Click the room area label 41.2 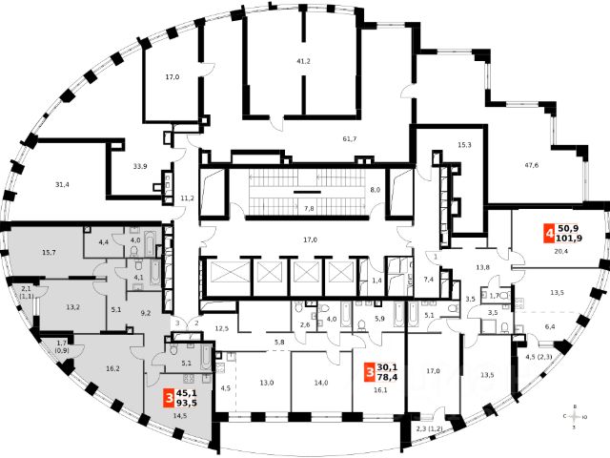pos(304,61)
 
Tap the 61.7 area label pos(349,139)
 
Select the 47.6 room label pos(531,165)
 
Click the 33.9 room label pos(140,167)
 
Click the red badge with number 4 pos(549,231)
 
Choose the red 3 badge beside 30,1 pos(369,368)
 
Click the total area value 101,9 pos(570,238)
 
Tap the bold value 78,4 pos(389,375)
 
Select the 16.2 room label pos(113,367)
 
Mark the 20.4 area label pos(562,252)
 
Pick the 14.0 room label pos(320,383)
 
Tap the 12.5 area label pos(222,328)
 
